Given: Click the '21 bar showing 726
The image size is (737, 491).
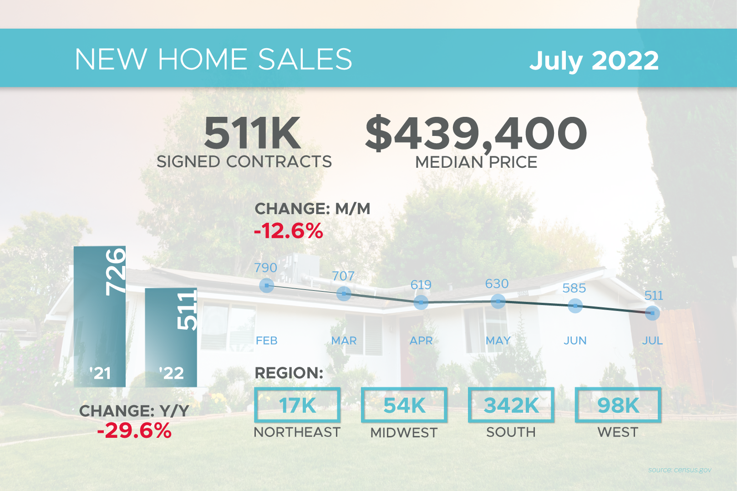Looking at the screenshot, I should tap(100, 316).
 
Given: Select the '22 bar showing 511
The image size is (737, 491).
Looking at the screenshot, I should tap(171, 337).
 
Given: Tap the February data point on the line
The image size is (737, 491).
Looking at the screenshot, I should tap(266, 286).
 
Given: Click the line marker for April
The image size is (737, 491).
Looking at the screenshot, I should tap(421, 302).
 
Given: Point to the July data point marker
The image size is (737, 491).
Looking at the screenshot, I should tap(652, 313).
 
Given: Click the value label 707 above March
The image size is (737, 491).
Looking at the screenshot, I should tap(343, 276).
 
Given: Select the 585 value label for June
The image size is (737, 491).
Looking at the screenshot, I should tap(574, 288).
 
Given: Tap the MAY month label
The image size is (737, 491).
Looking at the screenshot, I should tap(498, 341).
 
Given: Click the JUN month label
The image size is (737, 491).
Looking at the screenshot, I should tap(575, 341).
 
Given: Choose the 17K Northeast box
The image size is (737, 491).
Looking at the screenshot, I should tap(297, 405).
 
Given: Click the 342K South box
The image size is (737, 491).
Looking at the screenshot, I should tap(511, 405).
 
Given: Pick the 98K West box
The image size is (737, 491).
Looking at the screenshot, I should tap(618, 405).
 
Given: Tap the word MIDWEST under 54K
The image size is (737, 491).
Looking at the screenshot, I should tap(404, 432).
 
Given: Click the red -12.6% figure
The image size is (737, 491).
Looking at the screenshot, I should tap(289, 231).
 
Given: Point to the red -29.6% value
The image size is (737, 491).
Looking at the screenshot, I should tap(134, 431).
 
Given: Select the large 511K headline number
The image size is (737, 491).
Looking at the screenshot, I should tap(252, 133).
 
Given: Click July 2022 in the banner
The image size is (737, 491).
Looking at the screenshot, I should tap(594, 60).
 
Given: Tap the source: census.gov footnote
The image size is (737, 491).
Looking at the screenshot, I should tap(680, 470).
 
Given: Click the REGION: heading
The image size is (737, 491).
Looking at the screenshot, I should tap(289, 373).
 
